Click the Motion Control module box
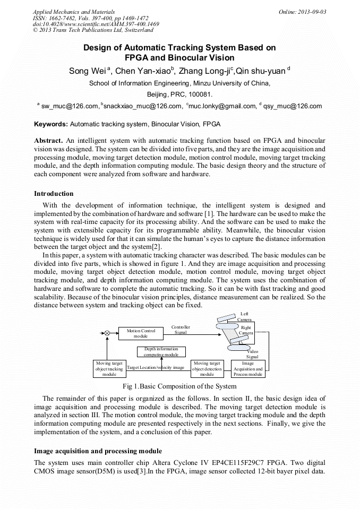point(141,333)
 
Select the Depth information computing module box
point(161,351)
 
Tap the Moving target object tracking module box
point(109,368)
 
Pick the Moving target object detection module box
point(207,368)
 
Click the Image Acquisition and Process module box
point(247,368)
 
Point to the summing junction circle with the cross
point(107,333)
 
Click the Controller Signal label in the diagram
point(181,330)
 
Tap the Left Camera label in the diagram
point(244,317)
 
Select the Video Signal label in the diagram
point(252,354)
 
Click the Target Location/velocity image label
point(156,367)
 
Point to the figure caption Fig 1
point(179,386)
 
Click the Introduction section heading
point(54,194)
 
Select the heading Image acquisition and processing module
point(98,451)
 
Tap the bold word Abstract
point(48,140)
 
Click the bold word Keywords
point(51,124)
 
